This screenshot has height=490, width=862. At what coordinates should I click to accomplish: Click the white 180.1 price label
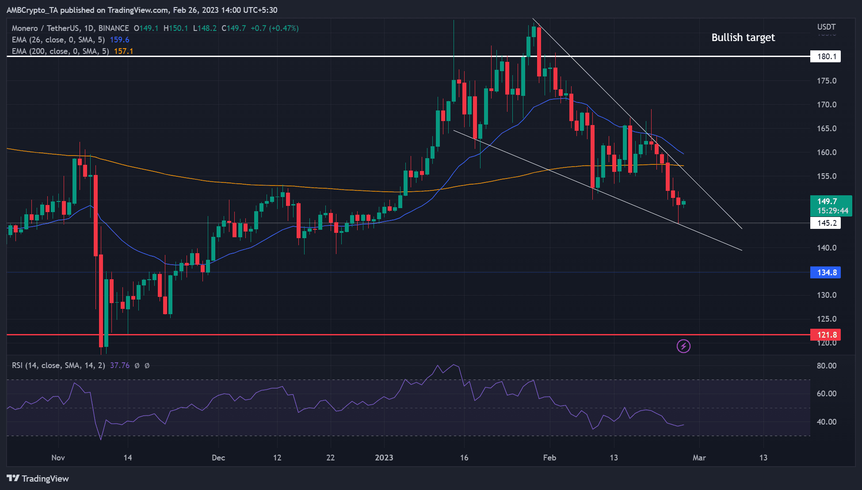pos(825,57)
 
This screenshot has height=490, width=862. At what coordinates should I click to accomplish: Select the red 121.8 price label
pos(825,335)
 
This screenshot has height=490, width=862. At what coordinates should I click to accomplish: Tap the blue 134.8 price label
pos(825,273)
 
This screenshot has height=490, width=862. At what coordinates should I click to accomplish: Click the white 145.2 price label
pos(825,223)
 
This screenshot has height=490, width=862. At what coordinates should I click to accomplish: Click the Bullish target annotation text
pos(743,38)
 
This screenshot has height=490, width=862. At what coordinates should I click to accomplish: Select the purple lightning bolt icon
pos(683,346)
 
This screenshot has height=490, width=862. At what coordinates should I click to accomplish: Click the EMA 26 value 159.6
pos(119,40)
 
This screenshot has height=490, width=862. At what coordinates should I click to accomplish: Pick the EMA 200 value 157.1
pos(123,51)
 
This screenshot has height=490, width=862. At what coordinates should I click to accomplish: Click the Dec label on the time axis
pos(218,458)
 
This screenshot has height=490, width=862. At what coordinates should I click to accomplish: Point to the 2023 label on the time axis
pos(384,458)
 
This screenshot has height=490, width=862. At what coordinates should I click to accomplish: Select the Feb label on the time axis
pos(549,458)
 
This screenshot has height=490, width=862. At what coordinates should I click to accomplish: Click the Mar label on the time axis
pos(699,458)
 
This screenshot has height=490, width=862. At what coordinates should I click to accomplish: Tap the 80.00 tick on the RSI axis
pos(826,366)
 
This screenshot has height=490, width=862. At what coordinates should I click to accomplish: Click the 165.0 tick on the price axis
pos(826,129)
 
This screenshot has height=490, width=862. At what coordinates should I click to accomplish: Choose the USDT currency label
pos(826,27)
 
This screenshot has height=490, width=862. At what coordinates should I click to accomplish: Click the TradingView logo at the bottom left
pos(38,479)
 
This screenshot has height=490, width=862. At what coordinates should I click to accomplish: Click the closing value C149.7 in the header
pos(233,28)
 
